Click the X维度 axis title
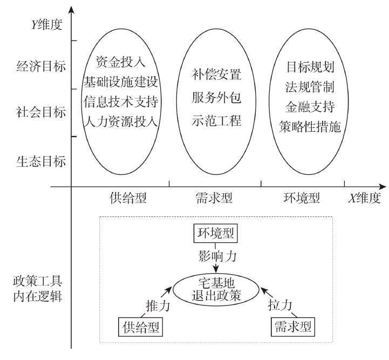pos(364,198)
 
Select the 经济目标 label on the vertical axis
pos(41,67)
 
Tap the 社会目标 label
pos(41,113)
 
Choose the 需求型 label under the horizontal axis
pos(214,198)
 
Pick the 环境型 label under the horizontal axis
pos(302,198)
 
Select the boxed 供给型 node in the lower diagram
pos(140,327)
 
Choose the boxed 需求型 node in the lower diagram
pos(292,327)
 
